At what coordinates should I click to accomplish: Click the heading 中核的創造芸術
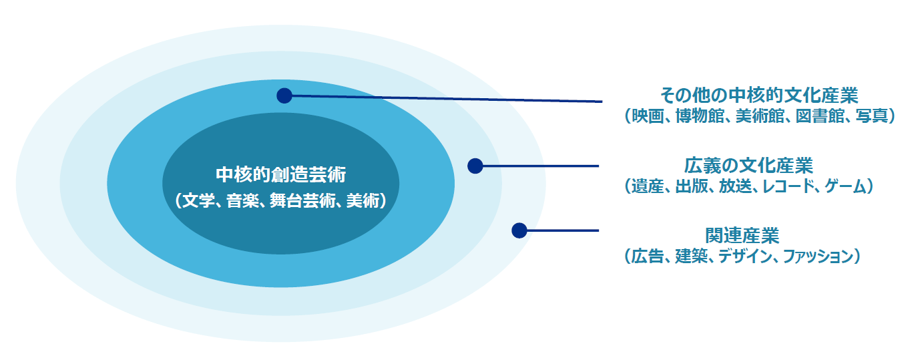tap(281, 175)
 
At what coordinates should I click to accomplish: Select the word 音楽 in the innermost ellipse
tap(242, 200)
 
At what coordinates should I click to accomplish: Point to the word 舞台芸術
tap(302, 200)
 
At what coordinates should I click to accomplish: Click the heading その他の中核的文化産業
tap(759, 96)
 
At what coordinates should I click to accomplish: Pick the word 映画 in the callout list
tap(648, 116)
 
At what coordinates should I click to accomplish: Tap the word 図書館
tap(820, 116)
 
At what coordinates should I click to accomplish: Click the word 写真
tap(872, 116)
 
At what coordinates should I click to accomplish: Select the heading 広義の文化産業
tap(748, 166)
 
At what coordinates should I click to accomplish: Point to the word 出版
tap(692, 186)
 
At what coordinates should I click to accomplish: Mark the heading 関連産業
tap(742, 236)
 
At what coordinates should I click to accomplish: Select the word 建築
tap(692, 256)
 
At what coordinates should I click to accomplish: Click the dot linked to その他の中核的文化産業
tap(284, 96)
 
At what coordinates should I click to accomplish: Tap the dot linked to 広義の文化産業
tap(475, 166)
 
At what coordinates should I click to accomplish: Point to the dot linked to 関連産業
tap(519, 230)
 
